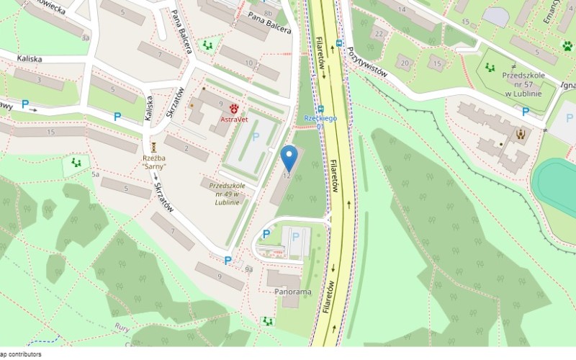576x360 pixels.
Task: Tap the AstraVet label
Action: point(234,120)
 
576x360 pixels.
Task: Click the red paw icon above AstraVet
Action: point(234,109)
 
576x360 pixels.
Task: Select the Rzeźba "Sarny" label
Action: point(154,162)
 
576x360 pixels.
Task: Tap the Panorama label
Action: point(293,292)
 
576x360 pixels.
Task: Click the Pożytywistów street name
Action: point(367,63)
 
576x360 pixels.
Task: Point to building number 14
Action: point(401,9)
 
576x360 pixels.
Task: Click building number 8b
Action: point(268,14)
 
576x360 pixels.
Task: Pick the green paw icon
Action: point(567,46)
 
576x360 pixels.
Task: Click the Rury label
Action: point(122,327)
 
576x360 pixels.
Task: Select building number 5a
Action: point(95,174)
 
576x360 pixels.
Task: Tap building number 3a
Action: point(86,37)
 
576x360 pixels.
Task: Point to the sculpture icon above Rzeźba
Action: point(153,147)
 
